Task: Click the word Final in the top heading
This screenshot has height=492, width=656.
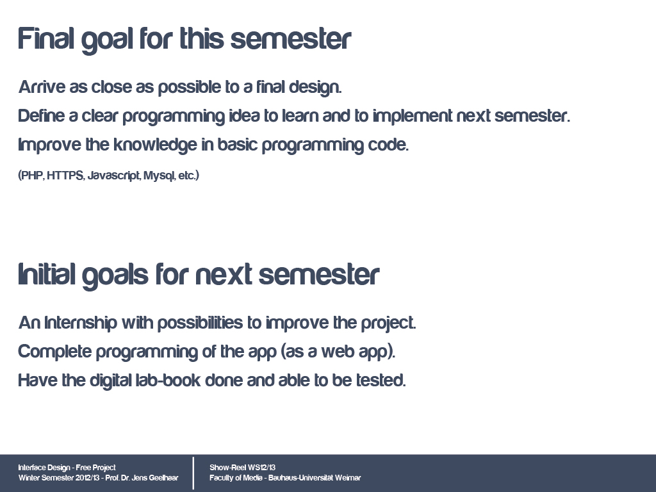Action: pyautogui.click(x=46, y=38)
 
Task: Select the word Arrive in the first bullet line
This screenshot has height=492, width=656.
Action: pyautogui.click(x=42, y=87)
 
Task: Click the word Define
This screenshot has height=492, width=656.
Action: pyautogui.click(x=42, y=115)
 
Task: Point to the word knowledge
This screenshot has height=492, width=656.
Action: pyautogui.click(x=155, y=145)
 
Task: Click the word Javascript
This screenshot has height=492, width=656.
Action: pyautogui.click(x=114, y=176)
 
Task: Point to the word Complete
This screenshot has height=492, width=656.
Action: pyautogui.click(x=55, y=352)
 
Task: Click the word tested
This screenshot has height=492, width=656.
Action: pyautogui.click(x=381, y=381)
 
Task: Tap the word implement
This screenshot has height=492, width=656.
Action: pyautogui.click(x=413, y=116)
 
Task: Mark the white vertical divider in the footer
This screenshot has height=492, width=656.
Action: pyautogui.click(x=193, y=473)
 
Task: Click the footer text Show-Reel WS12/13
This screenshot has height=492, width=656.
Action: pyautogui.click(x=243, y=467)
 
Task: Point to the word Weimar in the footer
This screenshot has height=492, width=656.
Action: pyautogui.click(x=348, y=477)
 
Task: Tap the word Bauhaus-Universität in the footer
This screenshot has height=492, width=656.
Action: pyautogui.click(x=300, y=477)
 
